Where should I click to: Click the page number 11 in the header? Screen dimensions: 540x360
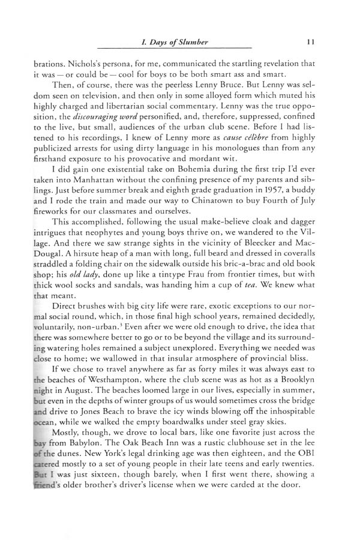point(307,41)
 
